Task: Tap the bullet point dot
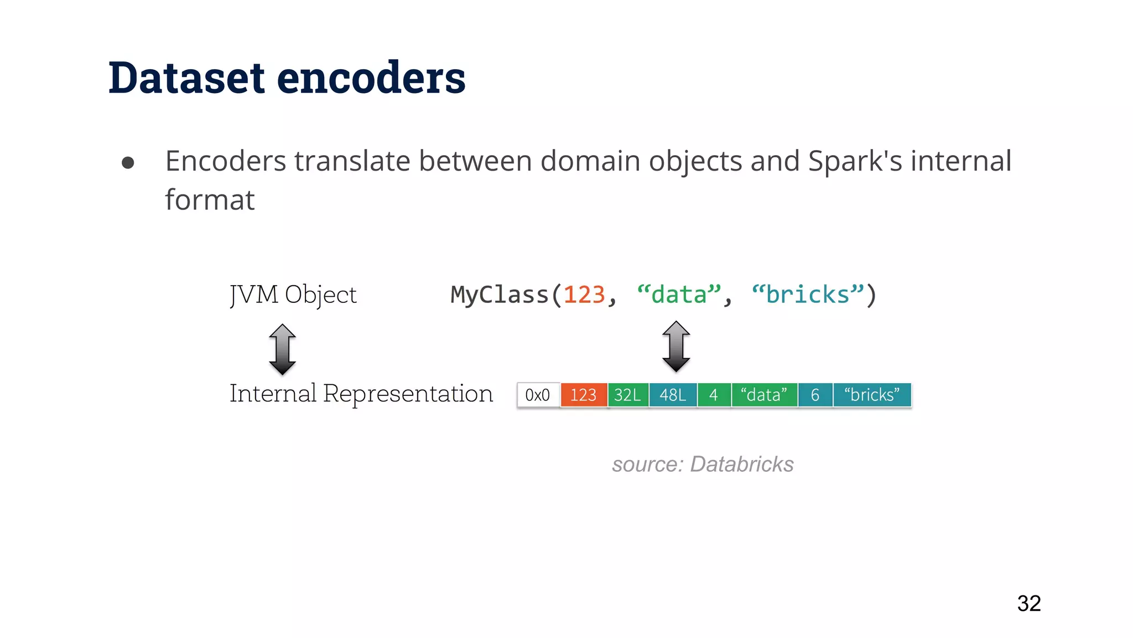coord(128,162)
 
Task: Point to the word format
coord(210,200)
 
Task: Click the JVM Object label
coord(293,295)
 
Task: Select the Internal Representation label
coord(361,394)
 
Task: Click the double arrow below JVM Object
coord(282,349)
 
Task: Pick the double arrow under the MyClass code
coord(676,347)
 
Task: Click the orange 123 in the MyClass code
coord(584,295)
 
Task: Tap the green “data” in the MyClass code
coord(679,295)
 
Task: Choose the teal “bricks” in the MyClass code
coord(808,295)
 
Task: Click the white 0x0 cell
coord(538,395)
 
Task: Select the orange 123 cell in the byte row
coord(584,395)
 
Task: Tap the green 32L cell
coord(628,395)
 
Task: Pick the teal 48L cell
coord(673,395)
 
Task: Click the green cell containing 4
coord(714,395)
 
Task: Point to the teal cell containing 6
coord(815,395)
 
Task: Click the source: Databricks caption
coord(703,464)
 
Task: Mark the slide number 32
coord(1029,604)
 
